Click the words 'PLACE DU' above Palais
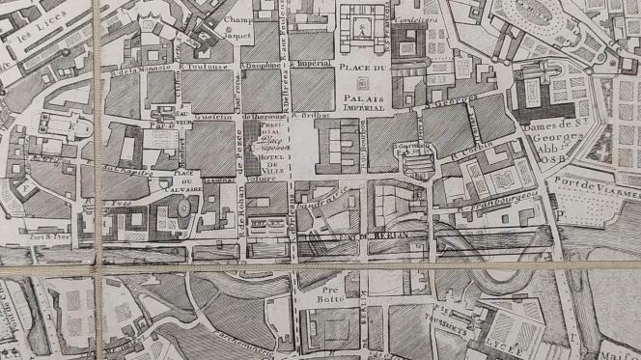click(x=364, y=68)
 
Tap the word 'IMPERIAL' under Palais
click(x=361, y=108)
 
